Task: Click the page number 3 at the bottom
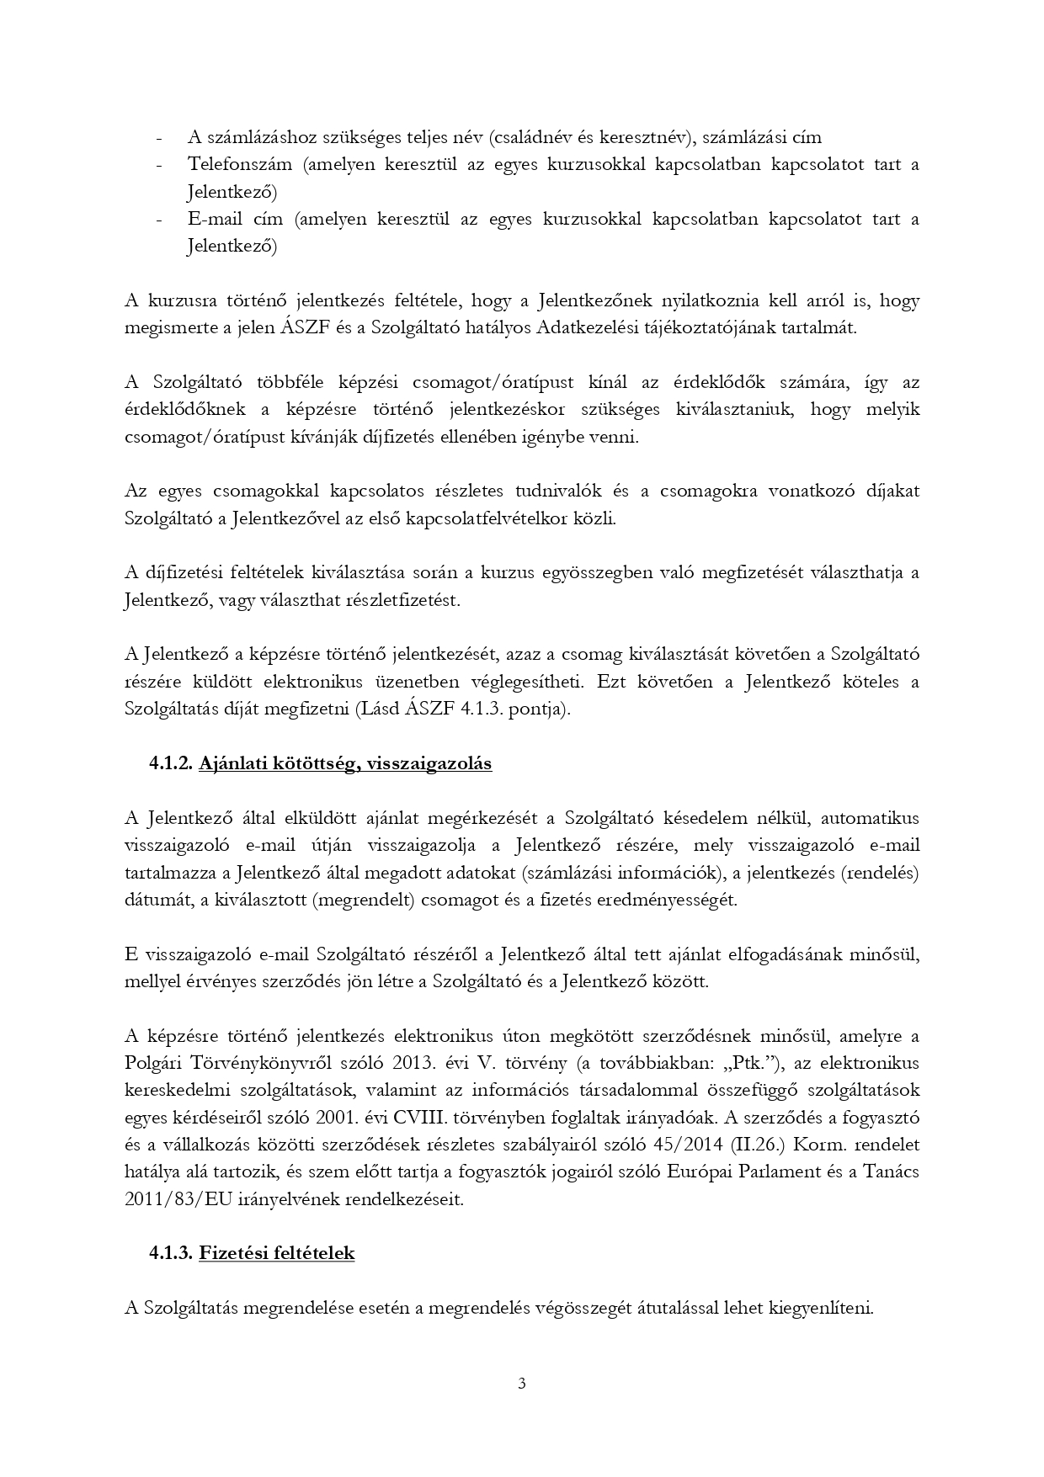click(x=522, y=1383)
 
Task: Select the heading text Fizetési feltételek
click(x=276, y=1253)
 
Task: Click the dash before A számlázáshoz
click(x=159, y=137)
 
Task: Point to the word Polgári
click(x=152, y=1062)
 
